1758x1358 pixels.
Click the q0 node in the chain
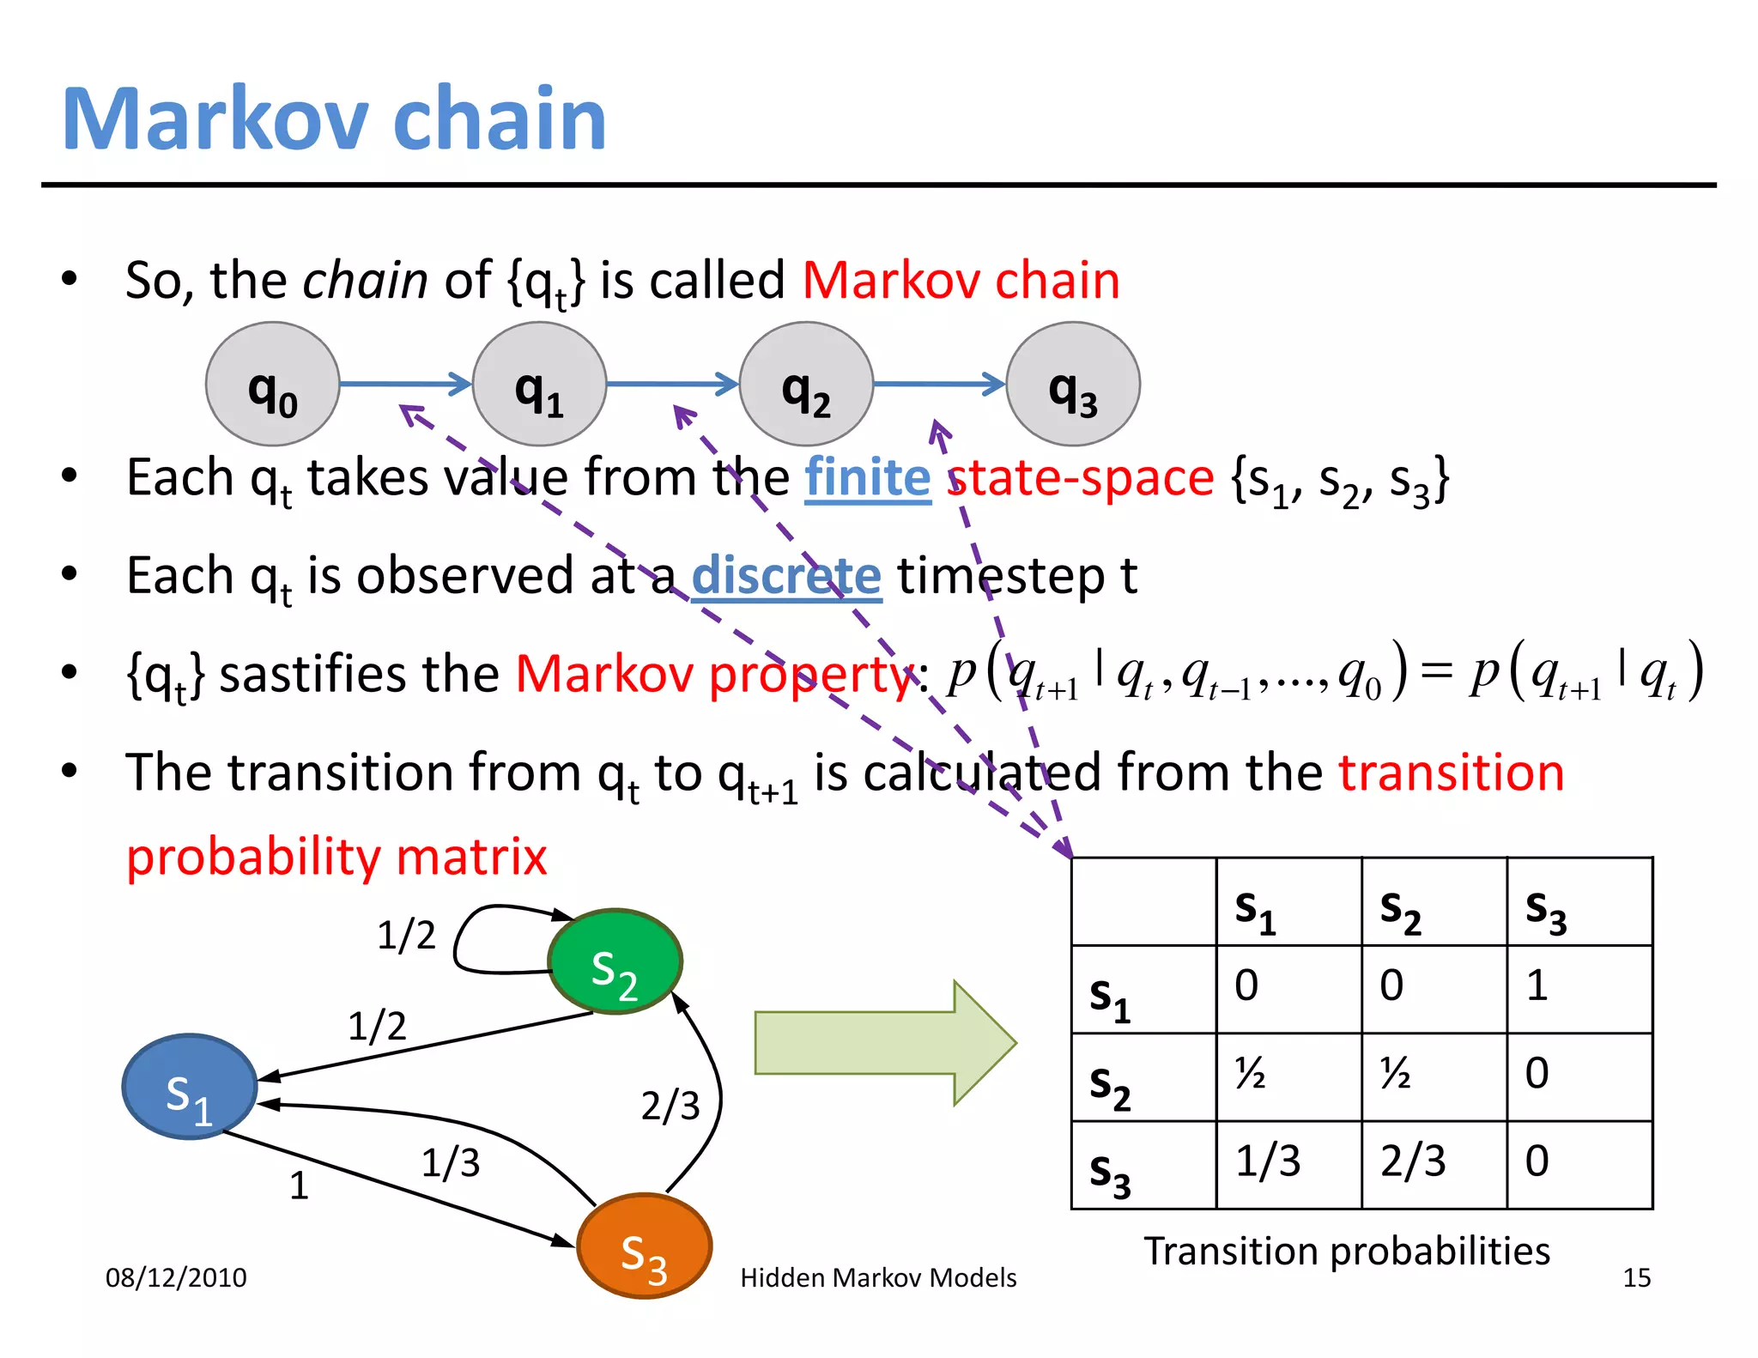pyautogui.click(x=272, y=384)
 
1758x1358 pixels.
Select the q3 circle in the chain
pyautogui.click(x=1072, y=384)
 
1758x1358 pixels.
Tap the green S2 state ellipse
pyautogui.click(x=615, y=961)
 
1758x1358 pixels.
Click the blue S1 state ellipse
pyautogui.click(x=190, y=1087)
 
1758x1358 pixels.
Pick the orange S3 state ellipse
pyautogui.click(x=644, y=1246)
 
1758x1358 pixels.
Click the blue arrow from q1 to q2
pyautogui.click(x=672, y=384)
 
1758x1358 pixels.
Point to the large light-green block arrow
pyautogui.click(x=884, y=1043)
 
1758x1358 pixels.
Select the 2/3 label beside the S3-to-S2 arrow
pyautogui.click(x=670, y=1106)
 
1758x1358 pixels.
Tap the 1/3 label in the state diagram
pyautogui.click(x=451, y=1163)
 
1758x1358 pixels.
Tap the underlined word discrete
pyautogui.click(x=786, y=576)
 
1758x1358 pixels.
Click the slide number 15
pyautogui.click(x=1636, y=1278)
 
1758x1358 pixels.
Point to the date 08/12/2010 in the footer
pyautogui.click(x=176, y=1278)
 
